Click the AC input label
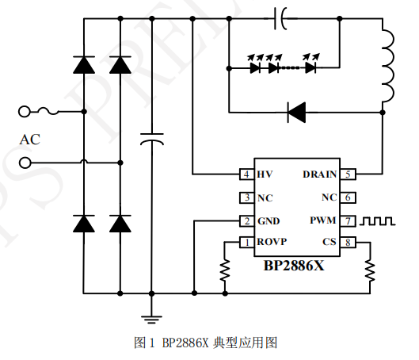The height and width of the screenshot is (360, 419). (x=29, y=140)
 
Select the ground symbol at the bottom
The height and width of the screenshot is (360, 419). (x=150, y=318)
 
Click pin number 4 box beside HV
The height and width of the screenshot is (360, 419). (x=247, y=174)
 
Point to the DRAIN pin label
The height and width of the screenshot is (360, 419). (x=319, y=174)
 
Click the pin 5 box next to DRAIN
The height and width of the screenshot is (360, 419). (x=349, y=174)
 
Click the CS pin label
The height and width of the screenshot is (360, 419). (x=329, y=242)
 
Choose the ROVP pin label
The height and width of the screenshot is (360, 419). (x=272, y=242)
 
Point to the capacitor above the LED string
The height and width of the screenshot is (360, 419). (x=283, y=16)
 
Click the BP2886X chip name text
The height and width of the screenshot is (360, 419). (x=294, y=266)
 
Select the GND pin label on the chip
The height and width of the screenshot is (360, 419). (x=268, y=220)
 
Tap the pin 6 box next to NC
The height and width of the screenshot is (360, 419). (x=349, y=197)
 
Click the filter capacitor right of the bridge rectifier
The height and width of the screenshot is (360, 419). (x=150, y=139)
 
